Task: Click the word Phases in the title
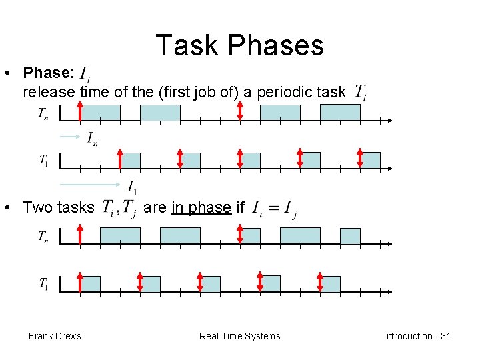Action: [277, 45]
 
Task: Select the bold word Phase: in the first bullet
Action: [49, 72]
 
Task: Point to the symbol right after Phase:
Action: [85, 73]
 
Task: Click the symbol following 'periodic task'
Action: [360, 92]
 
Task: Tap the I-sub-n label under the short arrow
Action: [92, 139]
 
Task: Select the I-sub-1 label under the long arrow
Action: [133, 187]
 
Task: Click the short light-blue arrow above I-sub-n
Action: [70, 135]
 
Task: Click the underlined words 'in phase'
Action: [201, 207]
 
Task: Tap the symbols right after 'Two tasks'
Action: [120, 209]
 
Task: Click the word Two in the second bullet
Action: [37, 207]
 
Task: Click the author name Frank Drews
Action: [55, 336]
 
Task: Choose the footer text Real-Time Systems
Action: [240, 336]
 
